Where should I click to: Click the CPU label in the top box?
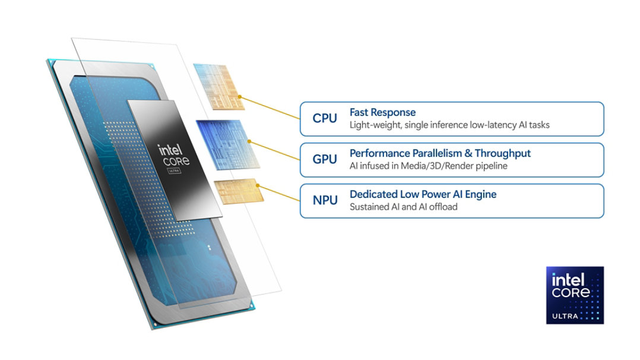325,118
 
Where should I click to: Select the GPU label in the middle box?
325,159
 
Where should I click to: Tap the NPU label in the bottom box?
325,200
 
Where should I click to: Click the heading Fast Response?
382,112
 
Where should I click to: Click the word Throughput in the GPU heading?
503,153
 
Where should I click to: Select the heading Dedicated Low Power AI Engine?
423,194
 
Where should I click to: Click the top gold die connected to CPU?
218,87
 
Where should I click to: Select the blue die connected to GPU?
227,144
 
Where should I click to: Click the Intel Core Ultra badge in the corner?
574,295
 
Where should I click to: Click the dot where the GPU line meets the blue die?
249,142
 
